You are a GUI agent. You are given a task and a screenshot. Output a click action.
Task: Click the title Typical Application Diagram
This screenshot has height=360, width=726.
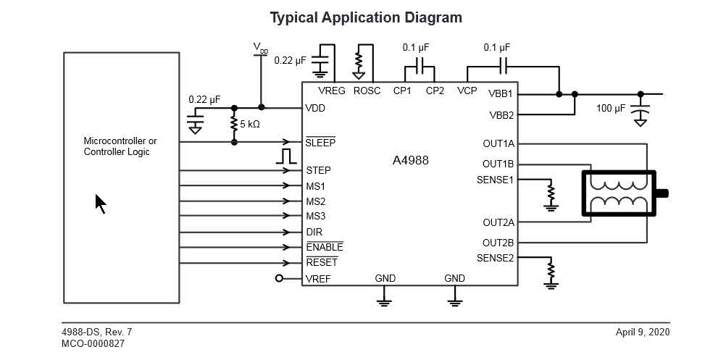(x=366, y=17)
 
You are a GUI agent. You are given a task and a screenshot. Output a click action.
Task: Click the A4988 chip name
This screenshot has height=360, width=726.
(x=410, y=160)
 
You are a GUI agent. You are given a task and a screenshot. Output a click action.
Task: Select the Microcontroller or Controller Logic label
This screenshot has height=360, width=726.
(x=120, y=146)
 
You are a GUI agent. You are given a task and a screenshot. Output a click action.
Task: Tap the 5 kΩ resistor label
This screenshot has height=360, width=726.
(x=250, y=124)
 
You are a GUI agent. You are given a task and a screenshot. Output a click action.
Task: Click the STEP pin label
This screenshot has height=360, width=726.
(x=318, y=171)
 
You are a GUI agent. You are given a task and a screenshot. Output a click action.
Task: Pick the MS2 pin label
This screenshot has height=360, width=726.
(x=315, y=201)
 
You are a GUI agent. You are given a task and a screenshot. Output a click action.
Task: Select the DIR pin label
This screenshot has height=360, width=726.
(x=314, y=233)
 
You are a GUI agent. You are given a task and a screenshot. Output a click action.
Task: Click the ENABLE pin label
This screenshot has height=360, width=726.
(x=325, y=248)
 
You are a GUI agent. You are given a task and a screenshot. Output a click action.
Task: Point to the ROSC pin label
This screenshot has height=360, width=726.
(x=367, y=91)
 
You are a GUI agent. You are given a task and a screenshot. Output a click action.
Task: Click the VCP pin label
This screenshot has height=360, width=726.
(x=467, y=91)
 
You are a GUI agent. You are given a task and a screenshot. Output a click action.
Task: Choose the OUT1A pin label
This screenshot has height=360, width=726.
(x=498, y=143)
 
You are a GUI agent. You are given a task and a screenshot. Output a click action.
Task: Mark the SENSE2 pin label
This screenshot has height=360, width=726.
(x=496, y=258)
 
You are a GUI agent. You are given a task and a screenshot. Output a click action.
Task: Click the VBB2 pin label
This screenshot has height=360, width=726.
(x=501, y=115)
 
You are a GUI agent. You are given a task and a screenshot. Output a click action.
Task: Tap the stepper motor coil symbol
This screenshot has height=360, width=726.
(x=618, y=193)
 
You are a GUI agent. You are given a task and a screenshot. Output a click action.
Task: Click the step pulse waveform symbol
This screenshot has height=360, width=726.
(x=287, y=156)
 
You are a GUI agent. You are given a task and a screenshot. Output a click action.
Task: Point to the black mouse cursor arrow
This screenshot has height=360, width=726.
(x=101, y=204)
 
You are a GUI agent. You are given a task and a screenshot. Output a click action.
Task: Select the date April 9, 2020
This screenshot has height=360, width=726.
(x=643, y=332)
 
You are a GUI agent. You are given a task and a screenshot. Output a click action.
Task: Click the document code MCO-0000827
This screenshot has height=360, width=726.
(x=93, y=344)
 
